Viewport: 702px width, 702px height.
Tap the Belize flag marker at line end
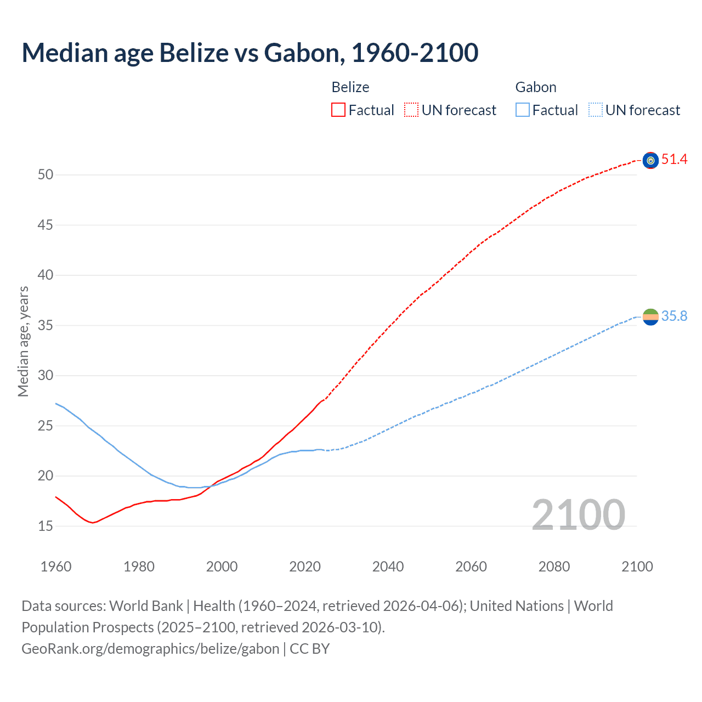point(650,160)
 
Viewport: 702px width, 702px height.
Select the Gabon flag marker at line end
point(650,316)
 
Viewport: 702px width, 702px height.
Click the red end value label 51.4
point(674,160)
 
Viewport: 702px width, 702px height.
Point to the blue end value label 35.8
point(674,316)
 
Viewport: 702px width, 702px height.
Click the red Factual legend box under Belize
point(338,110)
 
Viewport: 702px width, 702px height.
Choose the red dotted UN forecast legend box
point(411,110)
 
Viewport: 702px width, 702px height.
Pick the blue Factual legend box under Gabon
point(522,110)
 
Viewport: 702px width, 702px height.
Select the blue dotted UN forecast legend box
point(595,110)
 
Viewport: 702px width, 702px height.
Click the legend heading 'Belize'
point(350,87)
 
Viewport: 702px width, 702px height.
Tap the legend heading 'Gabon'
point(536,87)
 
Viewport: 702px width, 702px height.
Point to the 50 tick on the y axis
point(46,175)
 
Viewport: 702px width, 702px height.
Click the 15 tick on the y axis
point(46,526)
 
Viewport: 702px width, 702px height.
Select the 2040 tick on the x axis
point(388,567)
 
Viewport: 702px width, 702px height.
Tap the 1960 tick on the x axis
point(56,567)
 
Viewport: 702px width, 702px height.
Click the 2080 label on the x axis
point(554,567)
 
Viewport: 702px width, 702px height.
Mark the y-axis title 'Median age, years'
point(23,341)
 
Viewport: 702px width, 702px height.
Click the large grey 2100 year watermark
point(578,514)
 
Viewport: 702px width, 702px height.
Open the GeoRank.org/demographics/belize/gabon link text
point(150,649)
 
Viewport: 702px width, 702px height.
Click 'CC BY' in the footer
point(310,649)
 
